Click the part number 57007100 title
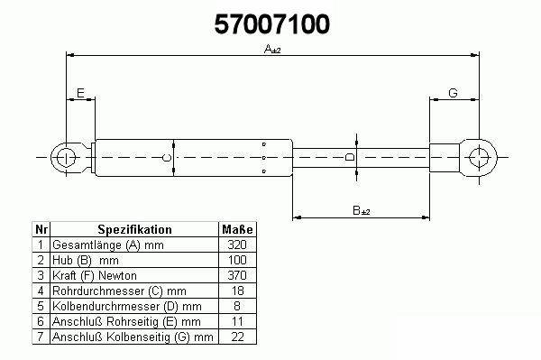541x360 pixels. [x=272, y=24]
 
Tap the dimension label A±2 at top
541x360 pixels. [x=272, y=50]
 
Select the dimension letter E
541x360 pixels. [x=80, y=93]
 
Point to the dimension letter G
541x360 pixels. [x=453, y=93]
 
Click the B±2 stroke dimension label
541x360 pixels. [x=362, y=210]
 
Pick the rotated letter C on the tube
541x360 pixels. [x=167, y=158]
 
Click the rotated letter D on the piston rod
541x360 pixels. [x=350, y=157]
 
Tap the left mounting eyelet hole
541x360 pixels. [x=66, y=157]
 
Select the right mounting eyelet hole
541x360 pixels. [x=480, y=157]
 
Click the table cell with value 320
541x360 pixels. [x=237, y=245]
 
